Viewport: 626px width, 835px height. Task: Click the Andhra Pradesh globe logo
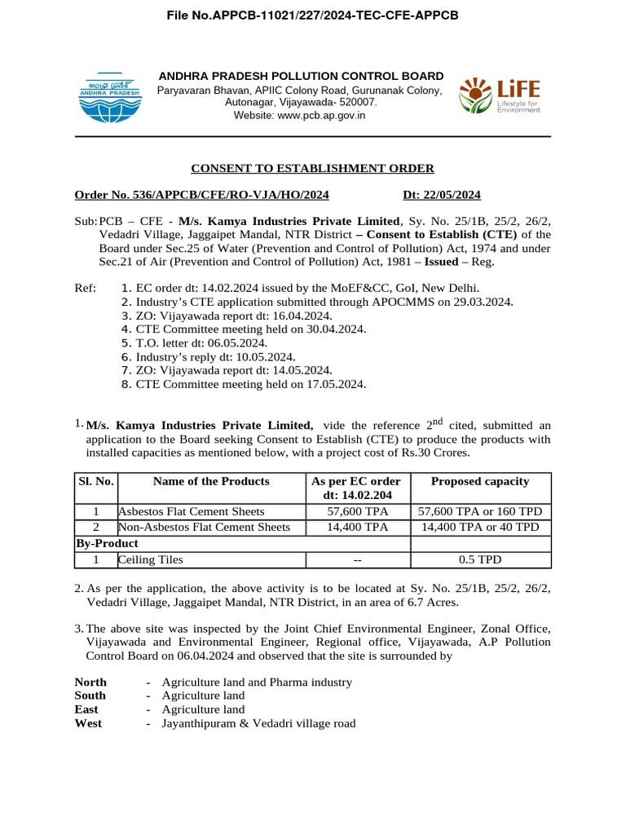coord(109,96)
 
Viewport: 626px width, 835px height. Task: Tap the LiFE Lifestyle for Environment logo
coord(499,96)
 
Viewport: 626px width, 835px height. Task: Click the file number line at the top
coord(313,15)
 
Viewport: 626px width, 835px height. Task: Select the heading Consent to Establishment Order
coord(312,169)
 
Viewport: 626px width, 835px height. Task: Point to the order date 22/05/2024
coord(442,195)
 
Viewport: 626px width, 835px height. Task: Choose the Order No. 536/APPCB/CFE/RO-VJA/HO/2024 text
coord(202,195)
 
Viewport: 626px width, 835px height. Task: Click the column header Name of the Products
coord(211,482)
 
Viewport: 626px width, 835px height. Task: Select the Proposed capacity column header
coord(480,482)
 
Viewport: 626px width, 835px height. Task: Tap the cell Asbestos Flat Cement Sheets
coord(192,511)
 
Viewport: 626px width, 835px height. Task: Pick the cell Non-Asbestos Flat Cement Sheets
coord(205,528)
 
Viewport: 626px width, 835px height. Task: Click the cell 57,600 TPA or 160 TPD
coord(480,511)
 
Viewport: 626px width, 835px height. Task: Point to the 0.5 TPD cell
coord(480,560)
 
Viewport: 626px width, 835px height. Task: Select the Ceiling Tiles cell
coord(151,560)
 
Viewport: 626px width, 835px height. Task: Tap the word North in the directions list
coord(90,682)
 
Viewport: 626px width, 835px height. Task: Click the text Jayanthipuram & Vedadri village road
coord(258,723)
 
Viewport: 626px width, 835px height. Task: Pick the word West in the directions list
coord(88,723)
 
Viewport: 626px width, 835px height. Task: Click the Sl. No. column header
coord(95,482)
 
